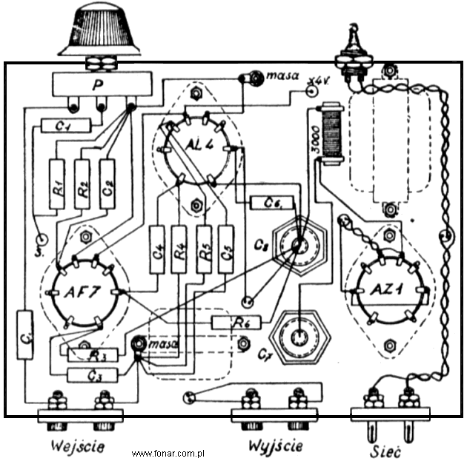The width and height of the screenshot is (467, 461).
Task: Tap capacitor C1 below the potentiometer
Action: pos(65,127)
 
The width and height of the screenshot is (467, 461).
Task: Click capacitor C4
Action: pos(157,249)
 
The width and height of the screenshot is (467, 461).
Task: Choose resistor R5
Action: pos(203,249)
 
